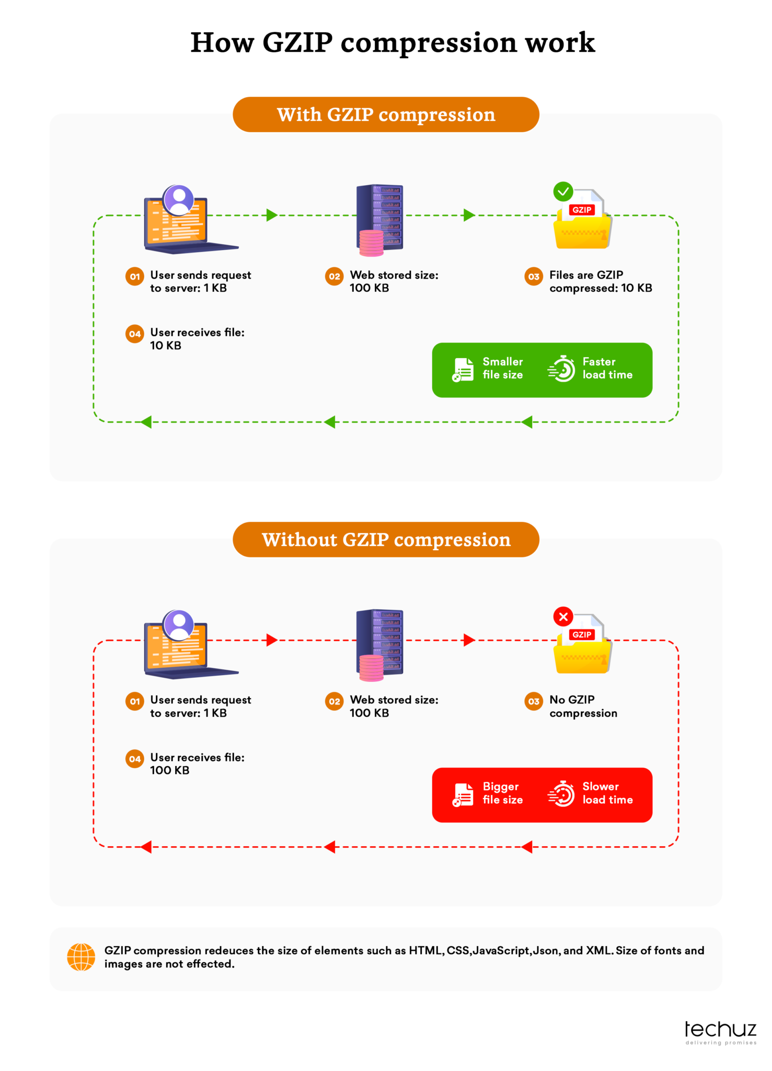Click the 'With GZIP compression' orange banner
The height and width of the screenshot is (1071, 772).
(x=386, y=115)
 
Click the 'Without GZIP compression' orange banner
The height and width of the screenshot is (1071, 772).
(x=386, y=540)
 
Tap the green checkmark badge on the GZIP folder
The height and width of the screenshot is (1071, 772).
(x=563, y=191)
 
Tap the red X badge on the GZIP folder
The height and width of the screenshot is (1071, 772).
(x=563, y=617)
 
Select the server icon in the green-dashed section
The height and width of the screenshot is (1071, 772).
(x=380, y=220)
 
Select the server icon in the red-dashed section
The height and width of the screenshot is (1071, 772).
(x=380, y=645)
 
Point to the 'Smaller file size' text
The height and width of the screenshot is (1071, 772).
(x=503, y=368)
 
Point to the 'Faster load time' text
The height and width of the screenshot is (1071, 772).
(x=607, y=368)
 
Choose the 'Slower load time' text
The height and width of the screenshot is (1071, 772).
(x=607, y=793)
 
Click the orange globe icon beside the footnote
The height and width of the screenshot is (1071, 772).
(x=81, y=957)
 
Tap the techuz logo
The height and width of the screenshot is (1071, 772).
(x=721, y=1032)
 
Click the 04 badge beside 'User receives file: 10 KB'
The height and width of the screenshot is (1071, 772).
(x=135, y=334)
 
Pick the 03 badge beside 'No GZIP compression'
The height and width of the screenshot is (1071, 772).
(x=534, y=701)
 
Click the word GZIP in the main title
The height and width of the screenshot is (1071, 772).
(x=297, y=42)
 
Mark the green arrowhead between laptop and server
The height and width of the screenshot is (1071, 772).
(x=272, y=215)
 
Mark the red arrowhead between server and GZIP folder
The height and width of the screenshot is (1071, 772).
(x=469, y=640)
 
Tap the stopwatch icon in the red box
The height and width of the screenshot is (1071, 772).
(x=561, y=793)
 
